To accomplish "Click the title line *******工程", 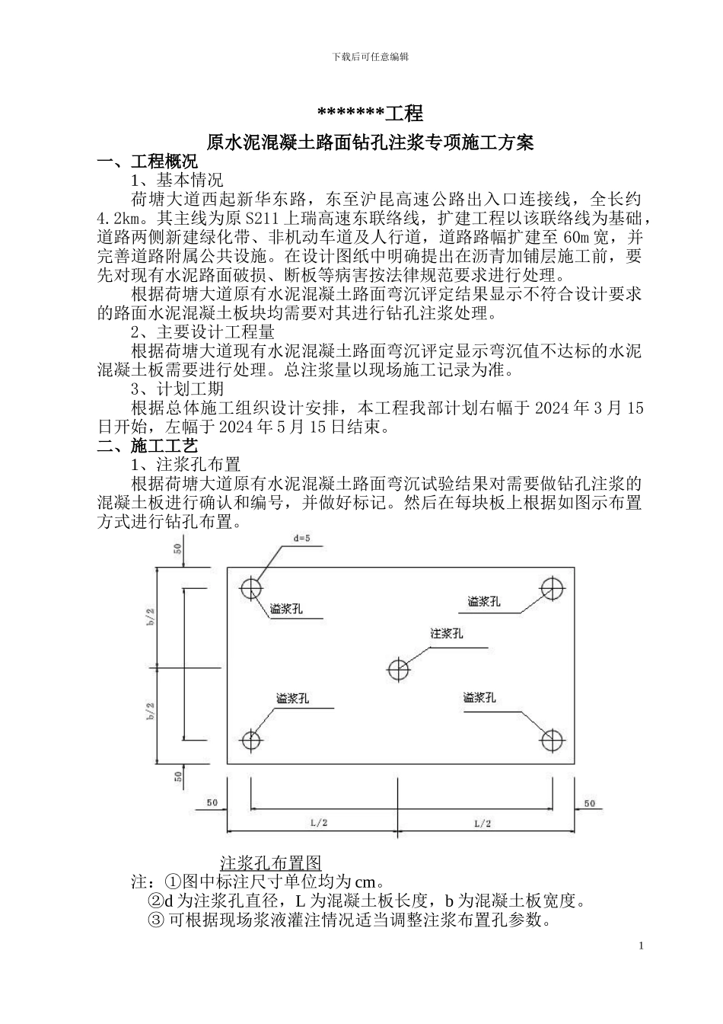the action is click(x=369, y=114).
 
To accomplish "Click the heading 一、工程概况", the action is click(x=148, y=162).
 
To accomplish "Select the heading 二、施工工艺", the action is click(x=148, y=446).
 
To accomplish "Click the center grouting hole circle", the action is click(x=398, y=670).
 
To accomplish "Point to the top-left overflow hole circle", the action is click(x=250, y=588).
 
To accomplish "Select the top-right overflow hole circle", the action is click(x=551, y=587).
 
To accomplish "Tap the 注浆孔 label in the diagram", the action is click(x=446, y=633).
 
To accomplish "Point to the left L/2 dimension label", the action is click(x=319, y=824).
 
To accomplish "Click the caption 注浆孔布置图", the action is click(x=271, y=862).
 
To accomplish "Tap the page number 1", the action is click(x=641, y=946).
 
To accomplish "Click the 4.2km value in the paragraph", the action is click(x=116, y=219).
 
